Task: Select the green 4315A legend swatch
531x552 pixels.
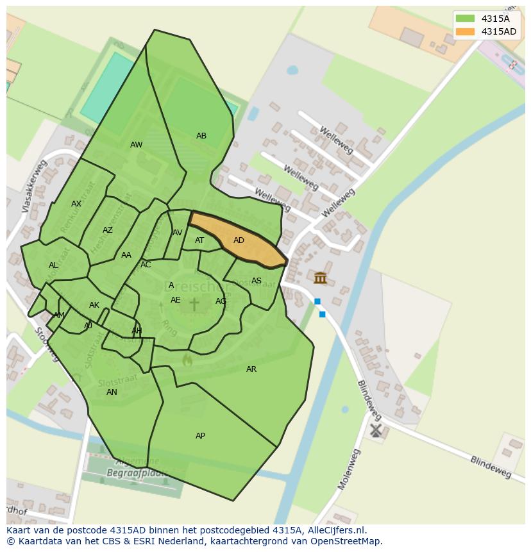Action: coord(465,19)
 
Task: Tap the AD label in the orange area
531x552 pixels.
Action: coord(239,240)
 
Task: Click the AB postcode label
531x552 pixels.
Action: coord(201,136)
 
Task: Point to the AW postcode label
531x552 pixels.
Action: coord(136,145)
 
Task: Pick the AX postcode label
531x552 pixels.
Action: coord(76,204)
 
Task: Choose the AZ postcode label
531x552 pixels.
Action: coord(108,230)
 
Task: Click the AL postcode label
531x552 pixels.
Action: coord(53,265)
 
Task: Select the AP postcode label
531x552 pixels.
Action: coord(200,436)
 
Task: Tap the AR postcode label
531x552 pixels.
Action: coord(251,369)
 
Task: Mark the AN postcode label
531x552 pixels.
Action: coord(112,392)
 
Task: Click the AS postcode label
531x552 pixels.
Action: coord(257,281)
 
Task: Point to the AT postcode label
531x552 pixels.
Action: coord(199,240)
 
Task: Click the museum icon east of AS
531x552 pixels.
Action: coord(320,278)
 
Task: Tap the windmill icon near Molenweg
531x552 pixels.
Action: coord(376,430)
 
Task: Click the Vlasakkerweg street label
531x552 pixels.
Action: coord(35,186)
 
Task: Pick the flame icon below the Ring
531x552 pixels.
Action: coord(187,361)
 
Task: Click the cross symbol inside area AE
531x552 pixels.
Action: coord(194,303)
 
